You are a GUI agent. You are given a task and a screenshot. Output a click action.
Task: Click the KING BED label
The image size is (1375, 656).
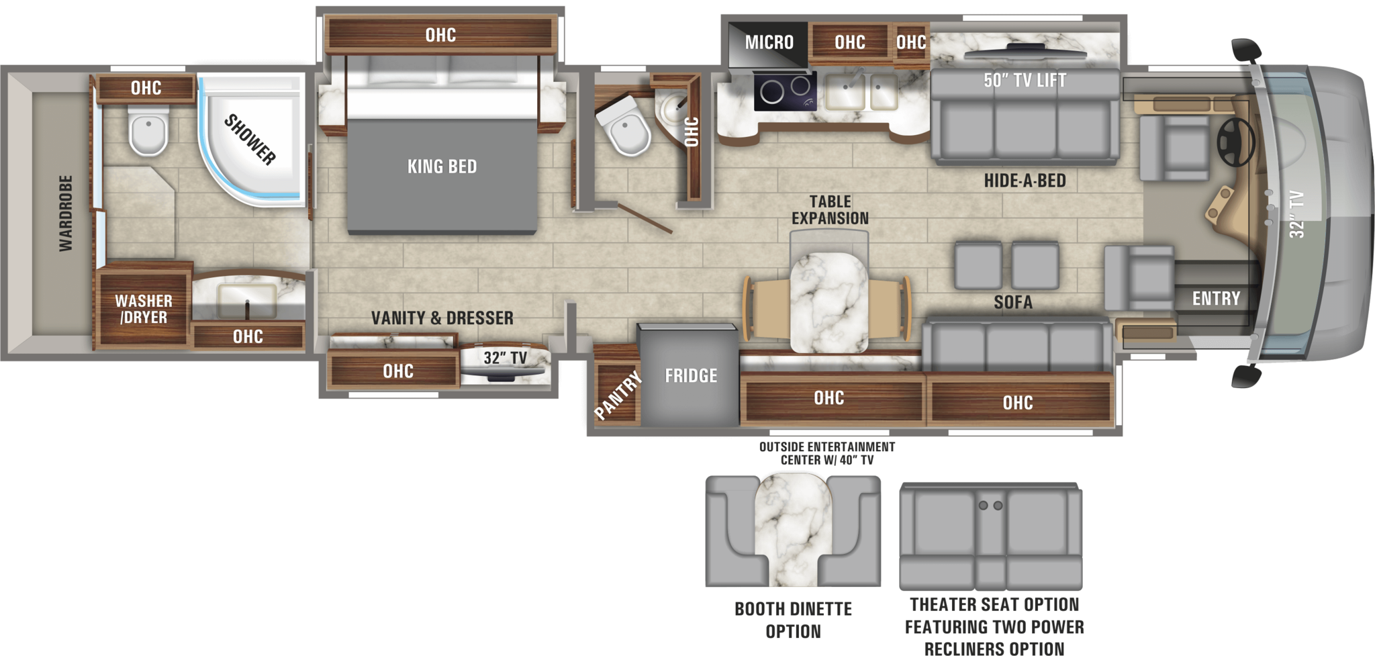[x=442, y=167]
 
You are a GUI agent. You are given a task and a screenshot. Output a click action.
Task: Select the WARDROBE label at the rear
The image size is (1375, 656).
[x=65, y=214]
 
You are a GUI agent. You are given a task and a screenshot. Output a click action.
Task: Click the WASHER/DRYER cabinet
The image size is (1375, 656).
[x=143, y=309]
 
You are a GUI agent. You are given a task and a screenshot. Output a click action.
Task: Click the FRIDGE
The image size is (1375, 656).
[x=690, y=375]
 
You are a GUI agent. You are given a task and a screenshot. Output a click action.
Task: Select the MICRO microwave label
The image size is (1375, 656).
[x=769, y=42]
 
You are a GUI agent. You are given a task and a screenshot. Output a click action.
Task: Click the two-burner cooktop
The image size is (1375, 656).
[x=785, y=91]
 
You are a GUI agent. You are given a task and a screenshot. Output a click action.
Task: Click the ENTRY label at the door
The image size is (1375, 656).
[x=1216, y=298]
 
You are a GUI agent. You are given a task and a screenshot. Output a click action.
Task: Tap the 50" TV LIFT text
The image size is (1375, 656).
[x=1025, y=81]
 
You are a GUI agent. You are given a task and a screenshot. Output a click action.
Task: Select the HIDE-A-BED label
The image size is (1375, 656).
[x=1025, y=181]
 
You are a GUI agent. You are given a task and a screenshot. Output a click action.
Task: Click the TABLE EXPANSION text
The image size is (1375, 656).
[x=830, y=209]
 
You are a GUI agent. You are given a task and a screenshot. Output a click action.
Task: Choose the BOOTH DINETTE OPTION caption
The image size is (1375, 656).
[x=793, y=620]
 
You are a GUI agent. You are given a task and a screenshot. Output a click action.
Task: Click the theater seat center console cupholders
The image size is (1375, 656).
[x=990, y=506]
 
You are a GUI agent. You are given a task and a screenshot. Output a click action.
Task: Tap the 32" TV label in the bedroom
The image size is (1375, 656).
[x=505, y=358]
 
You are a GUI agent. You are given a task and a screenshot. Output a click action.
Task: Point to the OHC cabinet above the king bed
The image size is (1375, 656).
[x=440, y=35]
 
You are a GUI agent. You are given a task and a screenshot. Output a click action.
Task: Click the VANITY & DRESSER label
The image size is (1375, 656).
[x=442, y=318]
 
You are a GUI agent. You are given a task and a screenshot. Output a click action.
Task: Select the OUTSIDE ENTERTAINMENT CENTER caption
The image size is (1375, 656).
[x=826, y=453]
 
